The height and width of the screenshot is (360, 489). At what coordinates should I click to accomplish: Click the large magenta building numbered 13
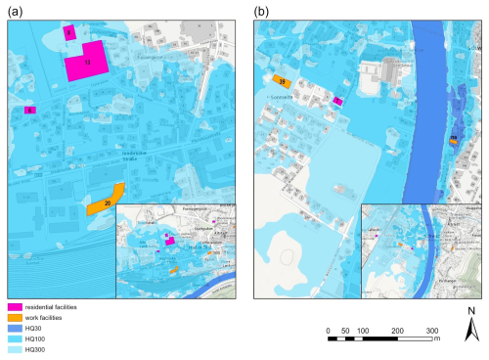tap(87, 62)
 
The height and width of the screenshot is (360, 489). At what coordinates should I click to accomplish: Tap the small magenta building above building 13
tap(69, 32)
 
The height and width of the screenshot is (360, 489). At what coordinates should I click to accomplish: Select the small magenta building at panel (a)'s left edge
tap(30, 111)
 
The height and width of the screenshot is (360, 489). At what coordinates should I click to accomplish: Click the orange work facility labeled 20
tap(106, 201)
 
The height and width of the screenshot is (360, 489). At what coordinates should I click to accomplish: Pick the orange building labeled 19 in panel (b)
tap(280, 83)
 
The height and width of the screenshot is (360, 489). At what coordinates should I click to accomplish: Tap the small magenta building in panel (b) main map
tap(337, 100)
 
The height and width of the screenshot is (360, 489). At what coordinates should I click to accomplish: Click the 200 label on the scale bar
tap(397, 331)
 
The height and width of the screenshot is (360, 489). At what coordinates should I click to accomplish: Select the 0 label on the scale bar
tap(329, 331)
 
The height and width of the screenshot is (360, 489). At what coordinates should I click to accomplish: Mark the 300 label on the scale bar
tap(431, 331)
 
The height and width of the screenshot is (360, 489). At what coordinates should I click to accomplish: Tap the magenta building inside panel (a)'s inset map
tap(169, 238)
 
